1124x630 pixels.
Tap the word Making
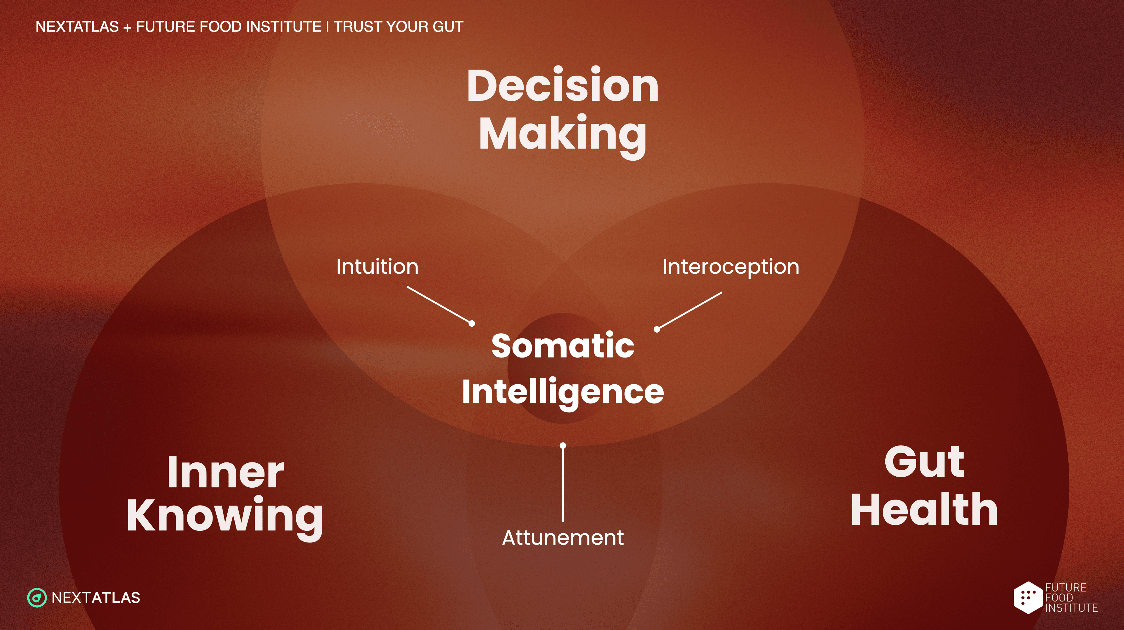563,135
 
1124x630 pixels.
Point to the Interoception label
731,267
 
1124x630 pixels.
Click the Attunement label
563,537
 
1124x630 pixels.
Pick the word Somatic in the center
563,345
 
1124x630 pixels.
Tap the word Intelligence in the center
563,393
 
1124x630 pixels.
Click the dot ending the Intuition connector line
472,324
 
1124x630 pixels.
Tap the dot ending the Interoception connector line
657,329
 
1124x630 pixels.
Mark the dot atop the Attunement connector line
563,446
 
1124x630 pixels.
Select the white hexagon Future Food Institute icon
1028,597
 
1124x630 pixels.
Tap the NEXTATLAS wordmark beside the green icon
96,598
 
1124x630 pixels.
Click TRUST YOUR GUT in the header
398,27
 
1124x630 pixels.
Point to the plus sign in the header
127,27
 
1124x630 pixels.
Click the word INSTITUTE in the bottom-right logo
1071,608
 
